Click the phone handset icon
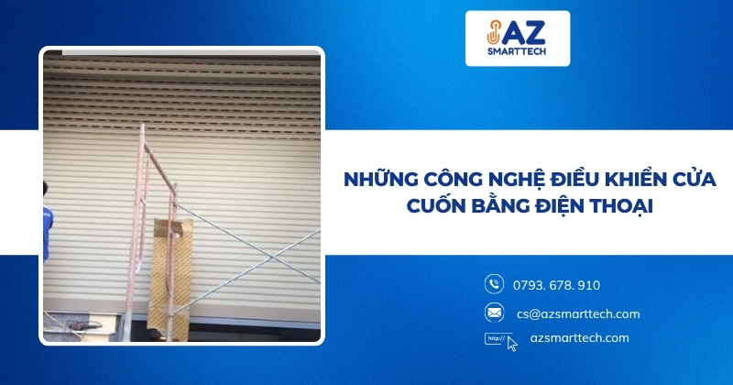coord(494,284)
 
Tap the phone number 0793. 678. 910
coord(558,285)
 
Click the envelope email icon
coord(494,313)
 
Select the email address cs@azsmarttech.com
coord(577,313)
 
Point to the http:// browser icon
coord(496,338)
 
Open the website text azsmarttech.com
coord(580,338)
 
